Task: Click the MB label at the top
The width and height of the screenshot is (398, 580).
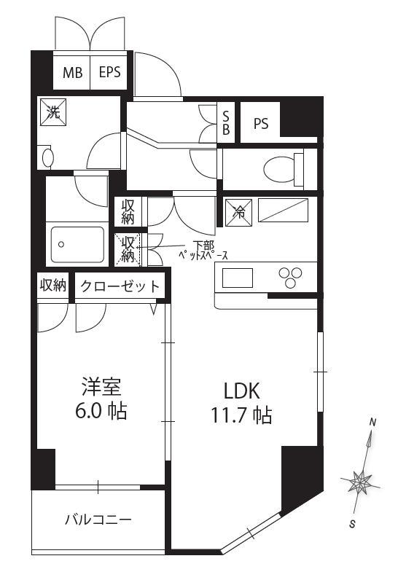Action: click(x=72, y=73)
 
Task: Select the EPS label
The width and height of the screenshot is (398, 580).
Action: click(x=110, y=71)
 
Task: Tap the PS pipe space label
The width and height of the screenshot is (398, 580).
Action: click(x=261, y=124)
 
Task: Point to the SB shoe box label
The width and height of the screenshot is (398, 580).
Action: click(x=226, y=123)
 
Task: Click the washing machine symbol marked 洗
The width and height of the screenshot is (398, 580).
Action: click(x=53, y=112)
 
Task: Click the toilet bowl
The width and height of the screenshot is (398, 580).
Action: click(x=283, y=170)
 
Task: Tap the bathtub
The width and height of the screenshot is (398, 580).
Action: click(x=77, y=245)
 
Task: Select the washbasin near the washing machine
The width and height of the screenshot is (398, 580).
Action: click(x=47, y=158)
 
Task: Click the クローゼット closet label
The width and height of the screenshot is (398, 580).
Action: click(x=120, y=286)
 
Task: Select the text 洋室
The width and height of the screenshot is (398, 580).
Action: click(x=101, y=387)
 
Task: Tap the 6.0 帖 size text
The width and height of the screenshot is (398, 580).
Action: click(x=101, y=410)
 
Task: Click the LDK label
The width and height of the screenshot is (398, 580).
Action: click(x=242, y=391)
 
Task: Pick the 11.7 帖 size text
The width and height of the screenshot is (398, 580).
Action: click(x=241, y=415)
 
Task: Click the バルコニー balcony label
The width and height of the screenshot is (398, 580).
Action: click(x=98, y=520)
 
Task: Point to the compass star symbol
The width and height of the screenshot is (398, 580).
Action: click(x=360, y=482)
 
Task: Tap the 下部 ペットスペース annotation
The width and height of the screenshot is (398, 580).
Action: click(x=203, y=251)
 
